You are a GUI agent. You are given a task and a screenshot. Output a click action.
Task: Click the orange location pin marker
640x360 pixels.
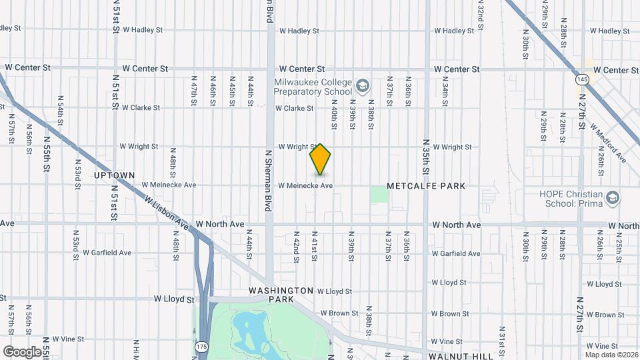[321, 159]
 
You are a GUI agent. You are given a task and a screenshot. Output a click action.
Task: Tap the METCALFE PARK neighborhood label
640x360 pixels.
[426, 185]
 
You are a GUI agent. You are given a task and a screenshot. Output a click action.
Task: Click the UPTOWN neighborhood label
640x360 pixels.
[115, 175]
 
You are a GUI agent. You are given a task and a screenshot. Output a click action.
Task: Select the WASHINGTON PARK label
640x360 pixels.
[281, 295]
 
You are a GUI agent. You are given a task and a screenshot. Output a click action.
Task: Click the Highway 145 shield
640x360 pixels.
[583, 79]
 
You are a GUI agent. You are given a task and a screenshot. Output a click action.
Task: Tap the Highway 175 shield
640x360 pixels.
[201, 347]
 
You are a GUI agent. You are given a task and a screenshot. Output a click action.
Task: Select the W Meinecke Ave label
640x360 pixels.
[305, 185]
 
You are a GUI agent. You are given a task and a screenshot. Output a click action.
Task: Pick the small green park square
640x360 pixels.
[379, 195]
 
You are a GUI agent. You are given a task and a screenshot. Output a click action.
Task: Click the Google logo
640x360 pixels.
[21, 351]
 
